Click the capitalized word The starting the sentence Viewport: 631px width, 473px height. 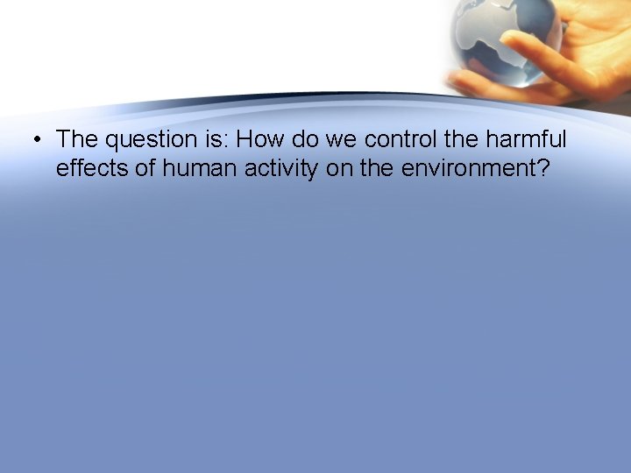[77, 138]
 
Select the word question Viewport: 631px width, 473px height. [145, 139]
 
